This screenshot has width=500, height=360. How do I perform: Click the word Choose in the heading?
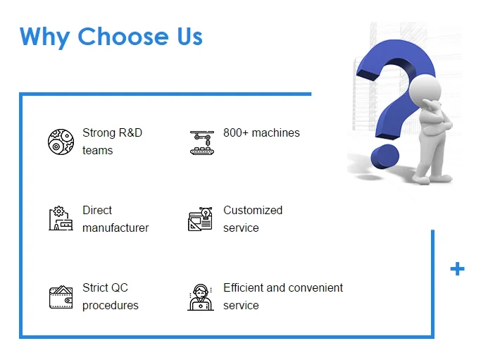pos(123,37)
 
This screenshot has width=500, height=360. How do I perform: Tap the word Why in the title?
pos(44,38)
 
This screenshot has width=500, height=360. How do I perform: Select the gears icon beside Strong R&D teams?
pos(61,142)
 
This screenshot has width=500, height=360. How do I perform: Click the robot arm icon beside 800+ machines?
pos(202,142)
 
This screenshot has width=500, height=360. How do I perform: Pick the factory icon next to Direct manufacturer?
pos(61,218)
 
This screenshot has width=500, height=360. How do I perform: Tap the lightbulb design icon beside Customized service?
pos(200,218)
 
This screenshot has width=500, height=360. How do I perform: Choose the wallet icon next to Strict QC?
pos(61,297)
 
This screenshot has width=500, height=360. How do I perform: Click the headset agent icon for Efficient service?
pos(201,297)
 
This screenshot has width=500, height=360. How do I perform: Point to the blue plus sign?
pos(457,269)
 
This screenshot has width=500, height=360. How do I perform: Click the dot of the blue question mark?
pos(385,156)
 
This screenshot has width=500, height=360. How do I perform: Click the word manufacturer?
pos(115,228)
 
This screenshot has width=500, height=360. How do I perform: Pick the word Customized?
pos(253,210)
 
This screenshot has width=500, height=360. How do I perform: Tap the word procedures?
pos(111,306)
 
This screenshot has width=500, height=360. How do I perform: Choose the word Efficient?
pos(243,287)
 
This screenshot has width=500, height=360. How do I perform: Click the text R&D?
pos(130,132)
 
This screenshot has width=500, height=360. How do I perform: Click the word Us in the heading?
pos(189,37)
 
